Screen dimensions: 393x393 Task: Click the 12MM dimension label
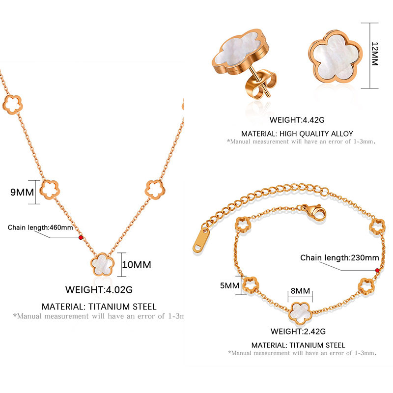(x=374, y=54)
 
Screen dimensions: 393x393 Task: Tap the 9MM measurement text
(x=22, y=192)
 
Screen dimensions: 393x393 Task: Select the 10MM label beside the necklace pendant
(x=137, y=265)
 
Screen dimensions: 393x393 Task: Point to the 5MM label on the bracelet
(x=229, y=285)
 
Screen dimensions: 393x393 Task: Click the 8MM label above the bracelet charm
(x=300, y=291)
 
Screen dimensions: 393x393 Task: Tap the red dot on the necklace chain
(x=81, y=237)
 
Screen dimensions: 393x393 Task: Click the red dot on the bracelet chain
(x=377, y=270)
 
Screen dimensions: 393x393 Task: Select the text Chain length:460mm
(x=40, y=227)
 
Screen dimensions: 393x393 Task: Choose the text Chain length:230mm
(x=339, y=257)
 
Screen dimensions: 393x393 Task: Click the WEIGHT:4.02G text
(x=99, y=290)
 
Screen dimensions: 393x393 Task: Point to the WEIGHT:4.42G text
(x=297, y=120)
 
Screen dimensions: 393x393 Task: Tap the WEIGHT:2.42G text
(x=298, y=331)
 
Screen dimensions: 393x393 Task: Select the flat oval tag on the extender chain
(x=201, y=240)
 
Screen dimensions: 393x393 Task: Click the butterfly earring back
(x=261, y=84)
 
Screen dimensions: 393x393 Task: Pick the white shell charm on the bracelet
(x=300, y=313)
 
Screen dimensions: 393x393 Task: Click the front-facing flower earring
(x=336, y=56)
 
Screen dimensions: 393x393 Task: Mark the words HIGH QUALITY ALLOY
(x=316, y=134)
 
